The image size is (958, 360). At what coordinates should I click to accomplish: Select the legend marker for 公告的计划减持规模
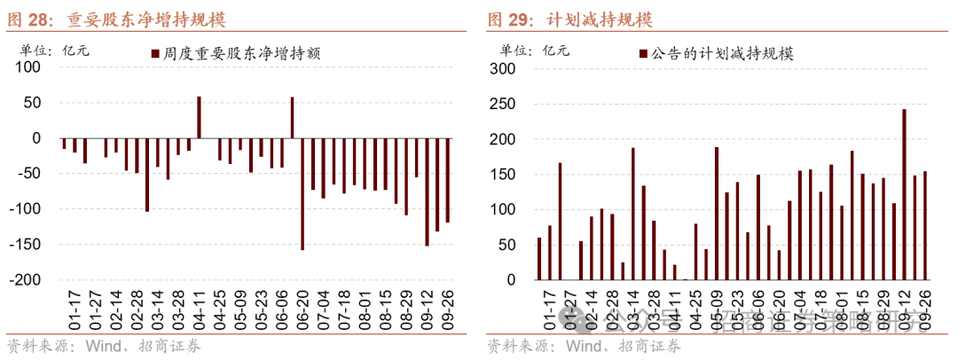(643, 54)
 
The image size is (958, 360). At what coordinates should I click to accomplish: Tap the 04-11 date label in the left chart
(200, 305)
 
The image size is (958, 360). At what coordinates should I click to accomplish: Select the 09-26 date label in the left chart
(448, 305)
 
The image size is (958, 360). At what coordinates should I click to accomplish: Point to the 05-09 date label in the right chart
(717, 305)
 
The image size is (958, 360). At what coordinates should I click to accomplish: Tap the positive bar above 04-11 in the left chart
(199, 117)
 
